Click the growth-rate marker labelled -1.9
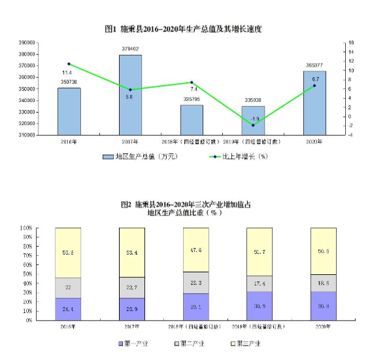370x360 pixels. pos(253,125)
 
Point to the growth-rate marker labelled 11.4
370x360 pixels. pos(69,64)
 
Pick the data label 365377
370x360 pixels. pos(314,65)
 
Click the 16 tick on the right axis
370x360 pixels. pos(351,43)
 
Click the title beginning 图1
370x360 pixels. pos(185,29)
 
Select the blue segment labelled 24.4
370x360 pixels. pos(68,308)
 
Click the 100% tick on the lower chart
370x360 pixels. pos(25,228)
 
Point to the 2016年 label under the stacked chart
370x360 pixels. pos(68,325)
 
